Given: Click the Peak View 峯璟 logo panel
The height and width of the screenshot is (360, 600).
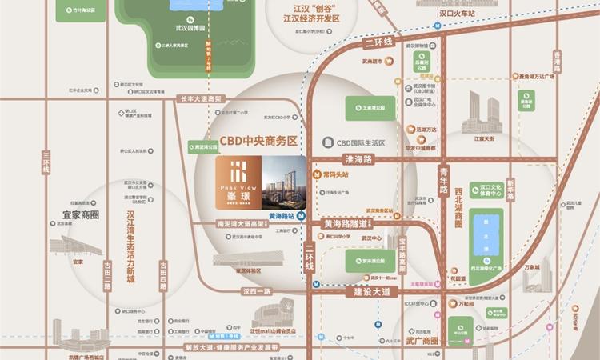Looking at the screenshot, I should pyautogui.click(x=238, y=182).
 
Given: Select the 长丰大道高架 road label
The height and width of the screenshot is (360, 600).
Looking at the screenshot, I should pyautogui.click(x=201, y=99).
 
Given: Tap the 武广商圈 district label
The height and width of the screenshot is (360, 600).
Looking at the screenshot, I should pyautogui.click(x=426, y=340).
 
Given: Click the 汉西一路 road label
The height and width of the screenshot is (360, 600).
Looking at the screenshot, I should pyautogui.click(x=258, y=293).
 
